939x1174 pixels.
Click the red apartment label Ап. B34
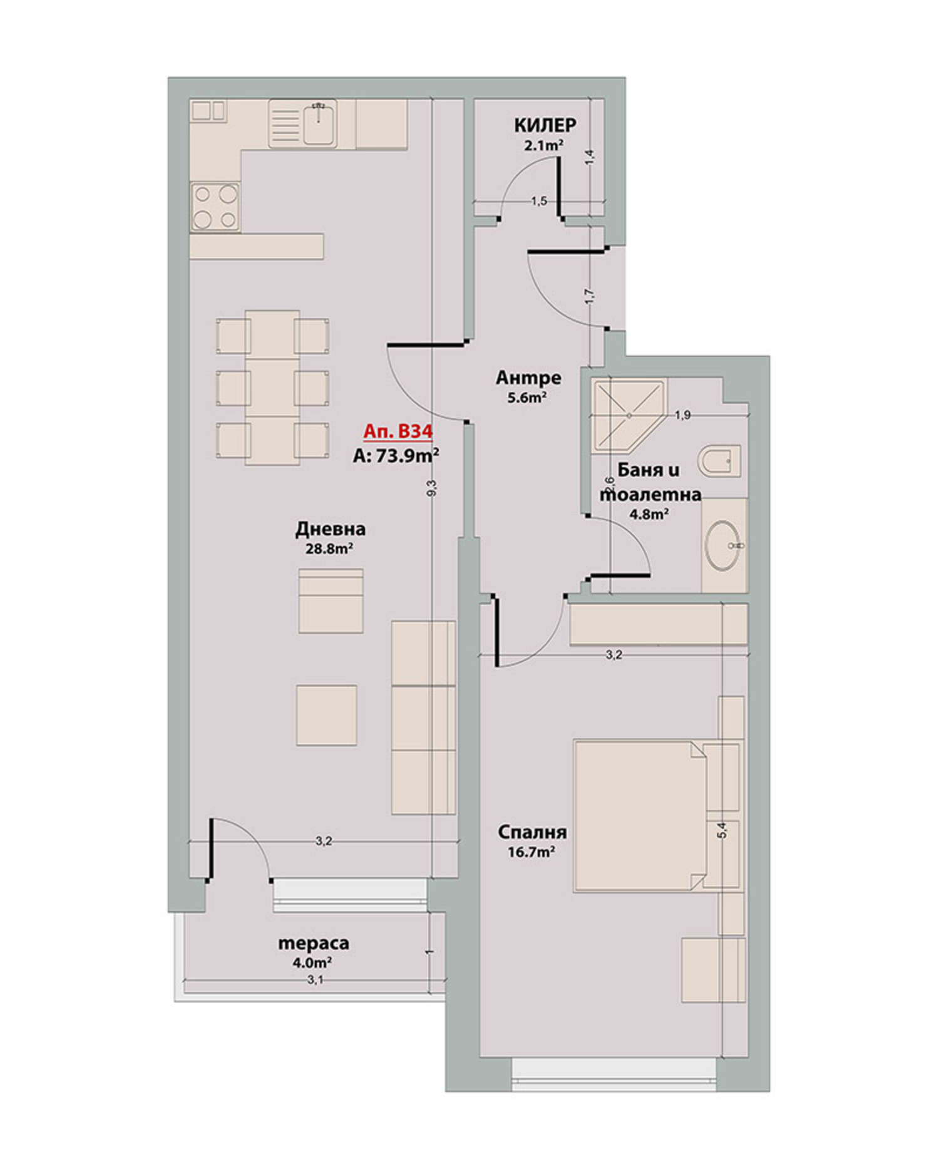point(398,432)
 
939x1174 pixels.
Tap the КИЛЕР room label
point(545,125)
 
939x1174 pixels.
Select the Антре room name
point(528,378)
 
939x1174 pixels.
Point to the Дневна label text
point(331,530)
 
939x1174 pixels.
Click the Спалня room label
point(532,832)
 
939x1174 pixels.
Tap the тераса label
point(313,943)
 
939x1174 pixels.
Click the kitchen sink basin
point(319,123)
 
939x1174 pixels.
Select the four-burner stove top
point(215,206)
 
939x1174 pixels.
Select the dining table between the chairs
point(272,388)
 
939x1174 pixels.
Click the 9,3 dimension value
point(431,488)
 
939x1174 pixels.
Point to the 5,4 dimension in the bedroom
point(723,830)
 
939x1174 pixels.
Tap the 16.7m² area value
point(532,852)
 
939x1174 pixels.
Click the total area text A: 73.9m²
point(396,455)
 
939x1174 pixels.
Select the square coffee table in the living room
point(327,715)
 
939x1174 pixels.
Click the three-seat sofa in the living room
point(423,718)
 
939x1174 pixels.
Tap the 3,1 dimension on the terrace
point(315,980)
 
